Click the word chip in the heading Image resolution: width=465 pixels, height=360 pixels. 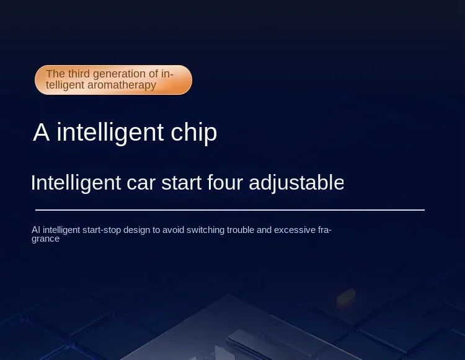click(x=194, y=133)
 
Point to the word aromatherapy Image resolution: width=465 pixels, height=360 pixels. click(x=122, y=86)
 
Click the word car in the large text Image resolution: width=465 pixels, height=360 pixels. click(x=141, y=183)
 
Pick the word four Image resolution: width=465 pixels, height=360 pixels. click(x=225, y=182)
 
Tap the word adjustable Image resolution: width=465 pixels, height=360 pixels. click(x=296, y=183)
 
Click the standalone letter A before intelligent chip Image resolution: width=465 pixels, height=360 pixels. click(x=41, y=132)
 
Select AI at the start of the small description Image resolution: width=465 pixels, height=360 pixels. click(x=36, y=230)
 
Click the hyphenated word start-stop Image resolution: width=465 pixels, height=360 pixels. click(x=102, y=230)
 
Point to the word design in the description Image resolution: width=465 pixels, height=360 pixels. click(x=137, y=230)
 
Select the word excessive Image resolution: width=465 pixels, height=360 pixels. click(x=294, y=230)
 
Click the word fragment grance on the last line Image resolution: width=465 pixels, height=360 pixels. click(x=46, y=239)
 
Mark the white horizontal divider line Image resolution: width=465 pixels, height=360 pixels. click(x=230, y=210)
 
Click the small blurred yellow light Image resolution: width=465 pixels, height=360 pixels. click(x=346, y=298)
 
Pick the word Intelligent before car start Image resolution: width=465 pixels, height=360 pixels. click(x=76, y=183)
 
